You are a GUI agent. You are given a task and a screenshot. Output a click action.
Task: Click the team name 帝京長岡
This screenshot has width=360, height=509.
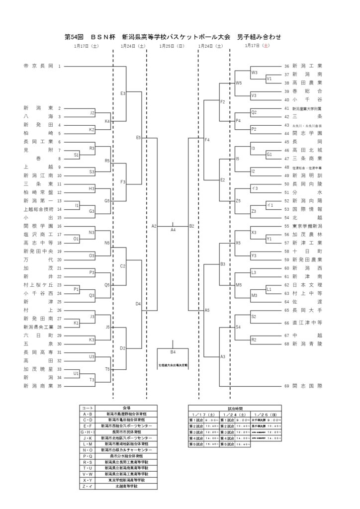tap(38, 66)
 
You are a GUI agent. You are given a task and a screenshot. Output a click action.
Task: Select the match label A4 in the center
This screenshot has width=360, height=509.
tap(173, 230)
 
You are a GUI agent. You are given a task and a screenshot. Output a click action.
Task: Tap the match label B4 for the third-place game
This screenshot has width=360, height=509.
tap(173, 352)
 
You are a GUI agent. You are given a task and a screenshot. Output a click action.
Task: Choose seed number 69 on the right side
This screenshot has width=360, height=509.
tap(286, 386)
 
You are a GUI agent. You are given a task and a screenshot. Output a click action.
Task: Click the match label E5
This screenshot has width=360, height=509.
tap(139, 137)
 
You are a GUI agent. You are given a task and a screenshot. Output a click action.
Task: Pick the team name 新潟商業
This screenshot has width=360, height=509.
tap(38, 386)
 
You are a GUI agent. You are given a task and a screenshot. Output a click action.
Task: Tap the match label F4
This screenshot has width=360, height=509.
tap(207, 140)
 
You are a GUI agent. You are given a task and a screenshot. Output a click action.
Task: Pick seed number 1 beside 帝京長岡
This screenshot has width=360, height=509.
tap(59, 66)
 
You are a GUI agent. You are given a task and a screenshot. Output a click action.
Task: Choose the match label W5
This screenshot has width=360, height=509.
tap(239, 83)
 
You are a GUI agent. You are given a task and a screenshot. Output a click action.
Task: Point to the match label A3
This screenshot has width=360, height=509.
tap(223, 356)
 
